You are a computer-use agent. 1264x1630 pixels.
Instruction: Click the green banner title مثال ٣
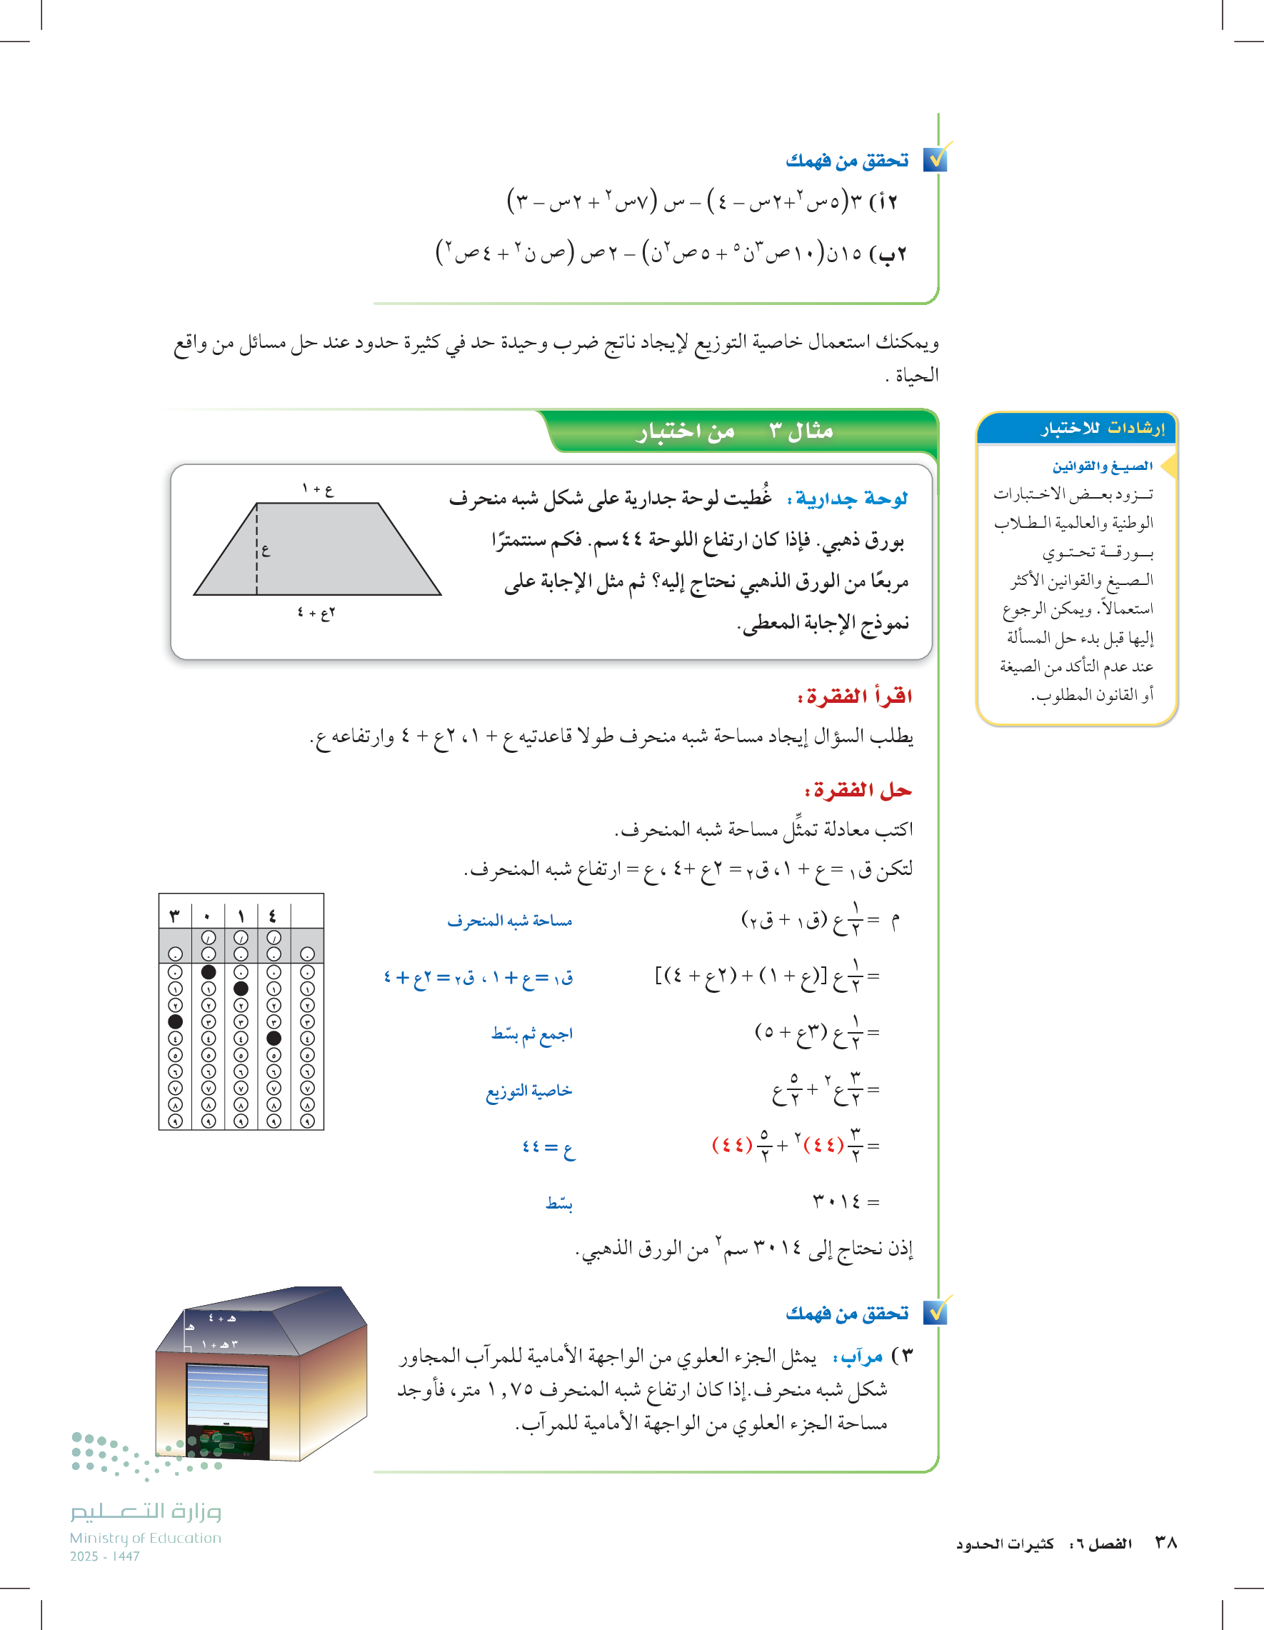(801, 431)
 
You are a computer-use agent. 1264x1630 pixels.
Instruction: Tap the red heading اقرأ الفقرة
(855, 696)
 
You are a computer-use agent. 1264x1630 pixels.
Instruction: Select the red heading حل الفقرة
(858, 791)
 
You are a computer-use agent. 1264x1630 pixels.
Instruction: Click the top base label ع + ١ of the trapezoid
(318, 489)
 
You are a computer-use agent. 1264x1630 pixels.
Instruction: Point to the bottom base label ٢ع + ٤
(316, 613)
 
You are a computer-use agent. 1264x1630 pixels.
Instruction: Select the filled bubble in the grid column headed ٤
(274, 1038)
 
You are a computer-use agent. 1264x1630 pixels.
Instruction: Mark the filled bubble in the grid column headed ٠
(209, 971)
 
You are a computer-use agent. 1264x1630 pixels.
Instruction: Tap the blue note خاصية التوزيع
(529, 1091)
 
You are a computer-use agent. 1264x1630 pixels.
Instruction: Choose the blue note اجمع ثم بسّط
(531, 1034)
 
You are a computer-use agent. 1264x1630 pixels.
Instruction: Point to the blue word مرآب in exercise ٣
(862, 1356)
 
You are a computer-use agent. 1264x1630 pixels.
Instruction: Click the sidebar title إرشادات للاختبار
(1102, 428)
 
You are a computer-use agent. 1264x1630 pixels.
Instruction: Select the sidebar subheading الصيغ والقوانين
(1102, 466)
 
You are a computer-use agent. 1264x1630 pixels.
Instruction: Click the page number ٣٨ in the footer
(1165, 1542)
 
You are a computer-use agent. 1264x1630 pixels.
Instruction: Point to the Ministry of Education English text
(146, 1537)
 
